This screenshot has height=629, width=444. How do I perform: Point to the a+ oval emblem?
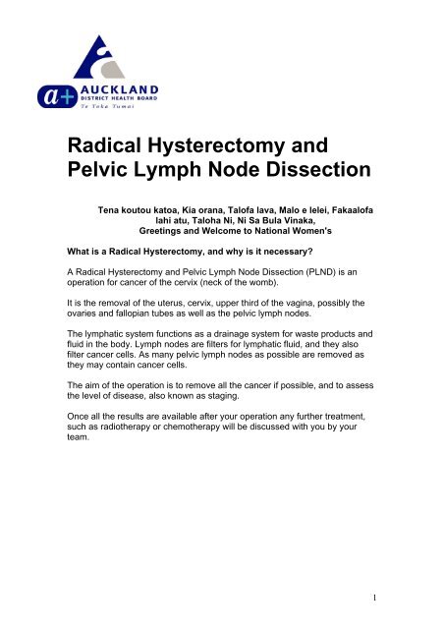[x=71, y=94]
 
